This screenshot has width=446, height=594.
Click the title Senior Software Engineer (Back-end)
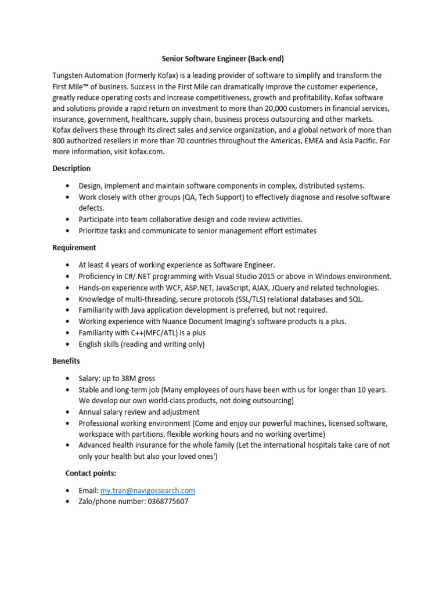click(x=222, y=59)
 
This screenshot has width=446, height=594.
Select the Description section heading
click(x=71, y=169)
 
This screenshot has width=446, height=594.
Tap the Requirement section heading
click(x=74, y=248)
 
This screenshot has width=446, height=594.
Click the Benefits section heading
click(x=66, y=361)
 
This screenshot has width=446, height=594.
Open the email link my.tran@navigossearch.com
click(x=148, y=491)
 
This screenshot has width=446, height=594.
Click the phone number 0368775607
click(x=168, y=502)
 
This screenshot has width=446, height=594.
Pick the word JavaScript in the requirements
click(x=206, y=288)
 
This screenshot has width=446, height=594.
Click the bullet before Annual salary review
click(x=68, y=412)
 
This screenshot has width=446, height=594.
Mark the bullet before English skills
click(x=68, y=344)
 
